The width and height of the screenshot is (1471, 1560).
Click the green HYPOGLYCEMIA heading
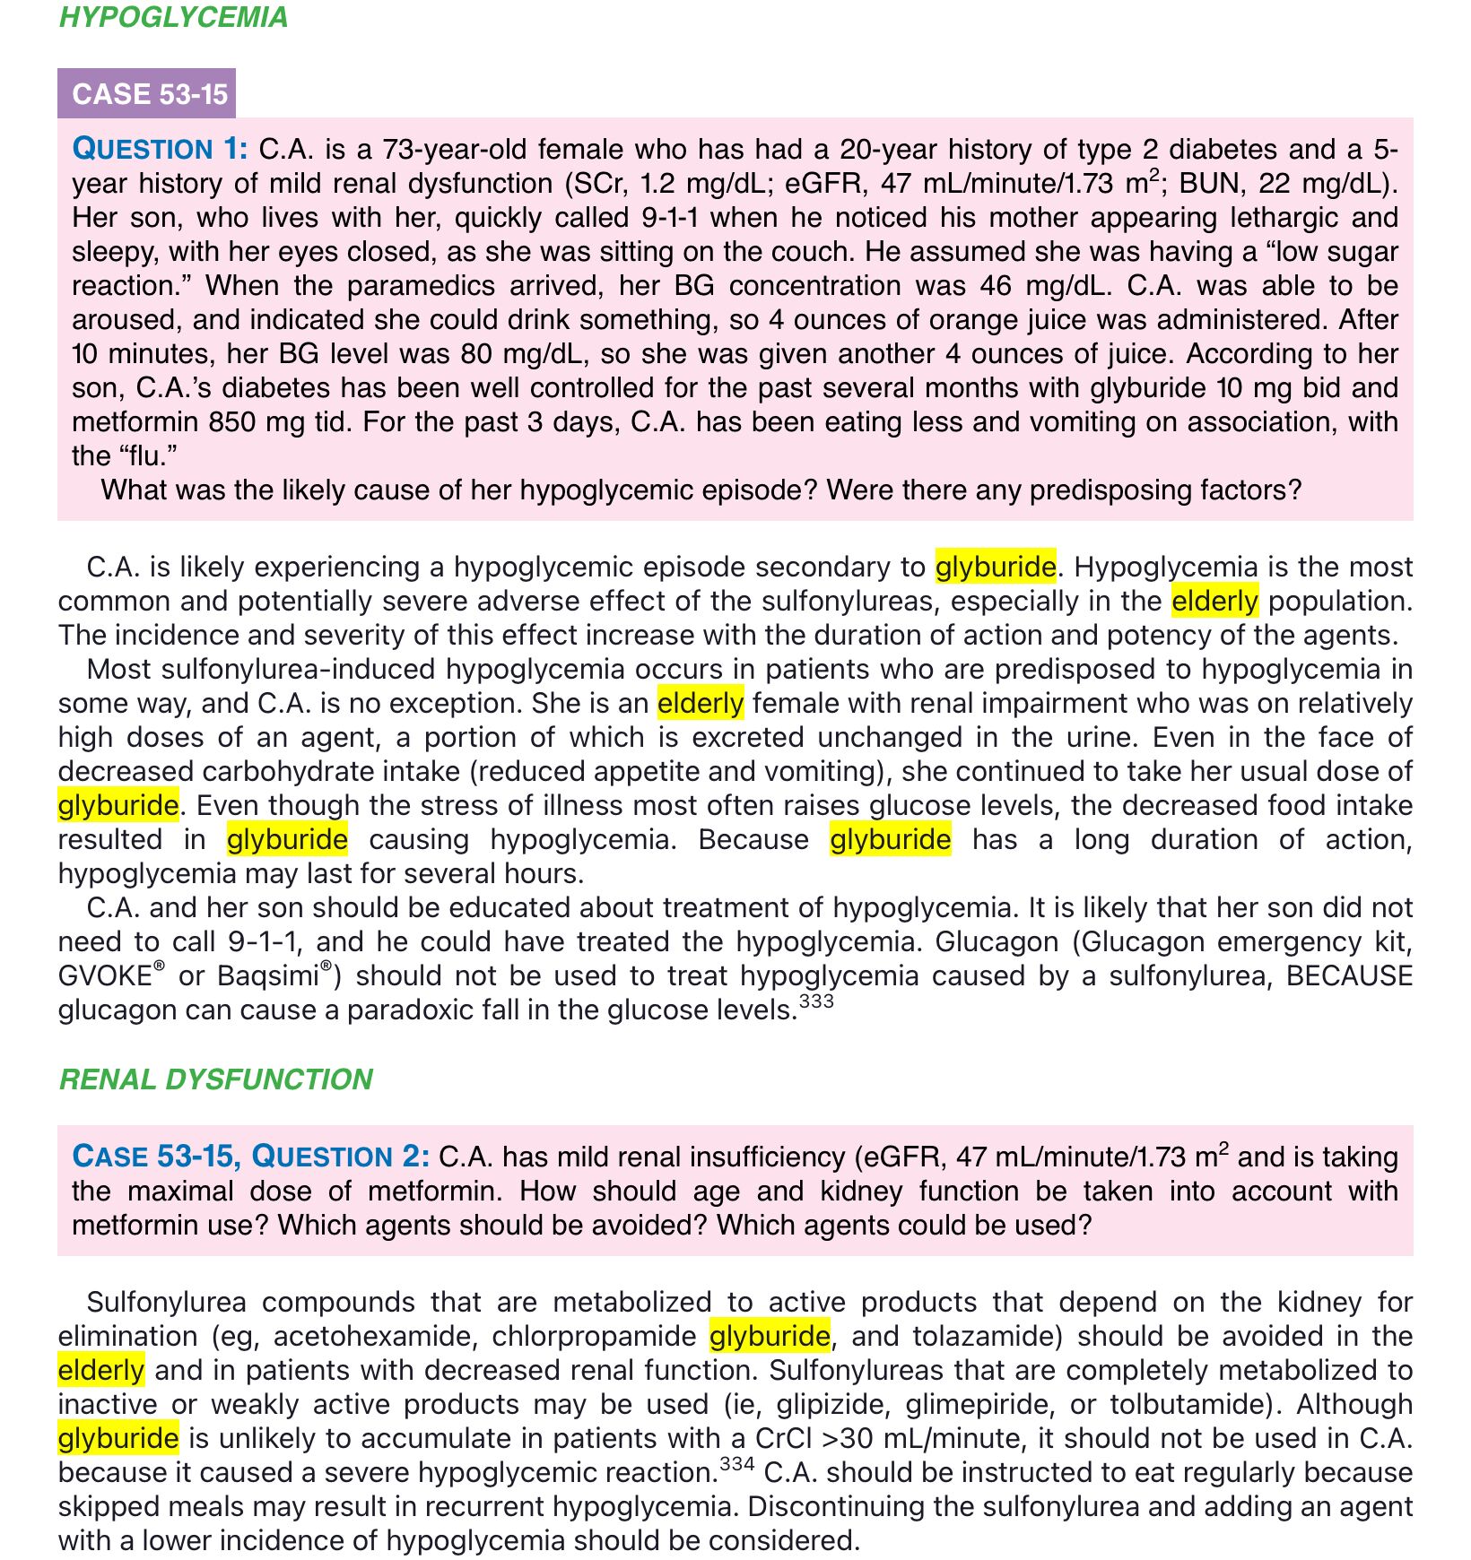click(173, 17)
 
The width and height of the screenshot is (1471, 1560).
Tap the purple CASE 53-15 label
click(149, 94)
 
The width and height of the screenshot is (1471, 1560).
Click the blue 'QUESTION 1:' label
click(160, 149)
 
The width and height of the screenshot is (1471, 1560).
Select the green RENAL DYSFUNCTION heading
click(215, 1079)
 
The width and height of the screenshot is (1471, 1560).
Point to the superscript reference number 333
click(815, 1001)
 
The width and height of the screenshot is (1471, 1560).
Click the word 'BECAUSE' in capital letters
click(1349, 975)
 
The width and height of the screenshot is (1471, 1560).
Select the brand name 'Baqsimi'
click(268, 976)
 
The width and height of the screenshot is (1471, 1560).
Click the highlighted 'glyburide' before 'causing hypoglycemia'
click(287, 840)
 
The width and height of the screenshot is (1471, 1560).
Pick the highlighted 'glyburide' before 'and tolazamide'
click(770, 1337)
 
